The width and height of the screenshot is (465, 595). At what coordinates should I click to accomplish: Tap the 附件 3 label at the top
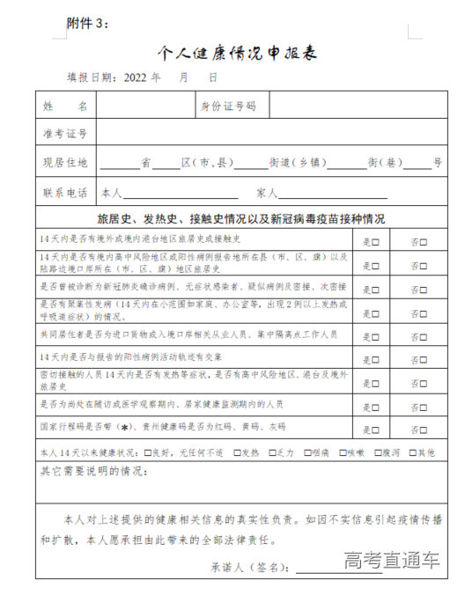click(x=88, y=23)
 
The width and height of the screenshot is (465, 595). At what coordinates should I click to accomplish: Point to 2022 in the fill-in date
click(x=141, y=77)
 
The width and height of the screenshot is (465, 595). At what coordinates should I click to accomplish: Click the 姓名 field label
click(x=66, y=107)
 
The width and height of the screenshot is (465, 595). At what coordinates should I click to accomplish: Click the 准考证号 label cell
click(x=66, y=134)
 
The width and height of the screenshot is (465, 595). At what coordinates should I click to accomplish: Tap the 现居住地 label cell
click(x=66, y=163)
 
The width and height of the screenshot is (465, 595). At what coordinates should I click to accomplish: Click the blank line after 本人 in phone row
click(x=181, y=194)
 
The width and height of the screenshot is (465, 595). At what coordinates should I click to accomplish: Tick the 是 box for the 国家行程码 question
click(x=376, y=429)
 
